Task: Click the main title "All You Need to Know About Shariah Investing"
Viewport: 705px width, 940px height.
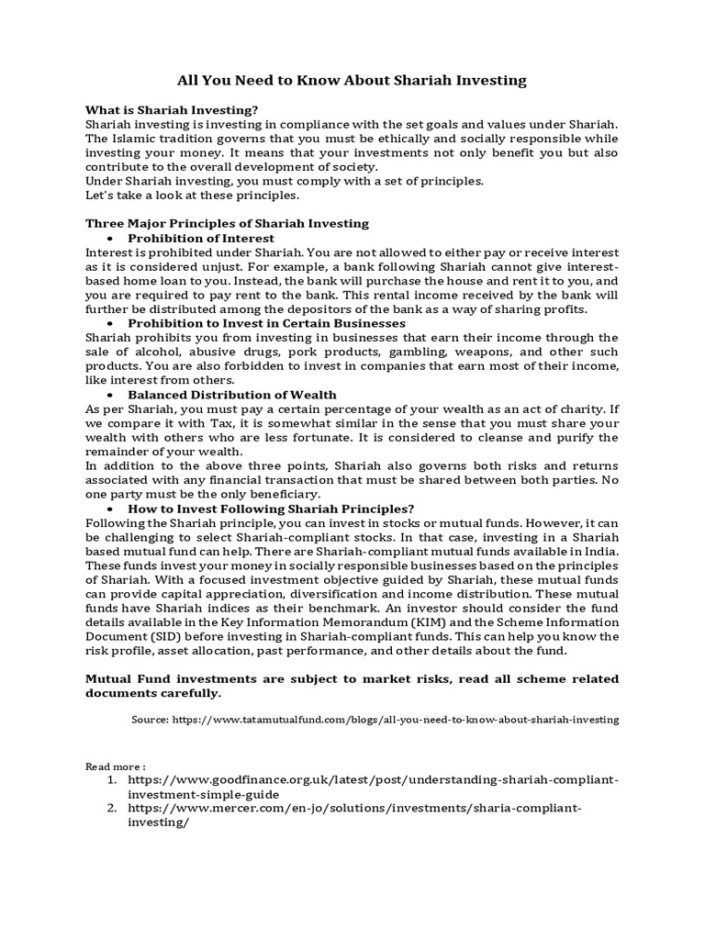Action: click(352, 80)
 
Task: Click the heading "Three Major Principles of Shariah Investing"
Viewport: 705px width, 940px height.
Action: click(227, 223)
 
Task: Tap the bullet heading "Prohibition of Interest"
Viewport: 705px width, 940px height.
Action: click(201, 238)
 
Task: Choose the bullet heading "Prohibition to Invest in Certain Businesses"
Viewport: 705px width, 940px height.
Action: click(266, 323)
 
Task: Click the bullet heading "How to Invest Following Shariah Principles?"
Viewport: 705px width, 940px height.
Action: click(271, 508)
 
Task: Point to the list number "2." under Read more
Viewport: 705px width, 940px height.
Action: click(110, 808)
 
